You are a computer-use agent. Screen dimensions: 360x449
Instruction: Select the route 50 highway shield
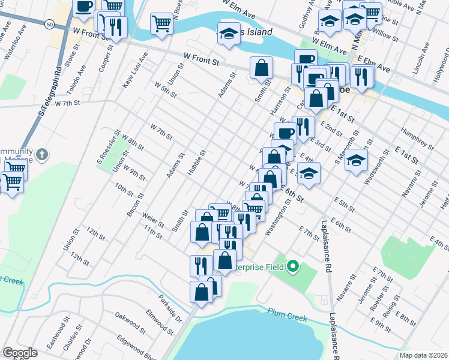[47, 23]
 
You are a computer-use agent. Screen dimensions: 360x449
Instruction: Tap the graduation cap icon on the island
[228, 35]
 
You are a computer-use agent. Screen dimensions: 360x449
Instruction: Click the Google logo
[20, 353]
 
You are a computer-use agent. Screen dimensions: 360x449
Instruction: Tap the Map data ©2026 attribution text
[423, 355]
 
